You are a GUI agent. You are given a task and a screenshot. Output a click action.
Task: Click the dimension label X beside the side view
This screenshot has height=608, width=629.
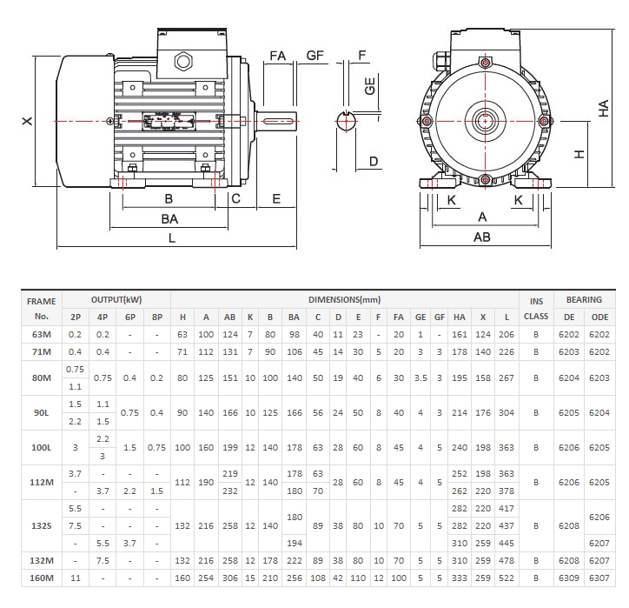coord(27,122)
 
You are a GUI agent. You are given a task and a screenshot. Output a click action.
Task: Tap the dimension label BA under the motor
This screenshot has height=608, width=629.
coord(170,218)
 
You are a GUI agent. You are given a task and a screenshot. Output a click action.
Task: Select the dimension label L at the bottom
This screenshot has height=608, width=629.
coord(172,237)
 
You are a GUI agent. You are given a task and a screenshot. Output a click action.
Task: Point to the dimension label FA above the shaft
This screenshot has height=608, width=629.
coord(278,56)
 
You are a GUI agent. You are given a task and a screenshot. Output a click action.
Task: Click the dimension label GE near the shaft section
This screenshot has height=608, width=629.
coord(370,86)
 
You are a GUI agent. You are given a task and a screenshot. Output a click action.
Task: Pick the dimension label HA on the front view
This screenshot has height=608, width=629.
coord(603,107)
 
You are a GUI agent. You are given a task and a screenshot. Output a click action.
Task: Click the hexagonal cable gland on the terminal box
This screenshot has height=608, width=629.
coord(183,61)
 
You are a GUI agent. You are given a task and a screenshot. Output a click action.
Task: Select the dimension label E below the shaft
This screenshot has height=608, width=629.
coord(276,199)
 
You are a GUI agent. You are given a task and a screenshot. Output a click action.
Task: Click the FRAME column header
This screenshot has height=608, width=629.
coord(41,300)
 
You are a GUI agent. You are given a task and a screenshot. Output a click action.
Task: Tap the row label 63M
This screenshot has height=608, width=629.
coord(41,333)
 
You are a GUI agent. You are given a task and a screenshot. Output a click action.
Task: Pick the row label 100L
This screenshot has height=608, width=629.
coord(41,446)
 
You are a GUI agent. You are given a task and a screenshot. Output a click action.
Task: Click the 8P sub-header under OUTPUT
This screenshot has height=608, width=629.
coord(156,317)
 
